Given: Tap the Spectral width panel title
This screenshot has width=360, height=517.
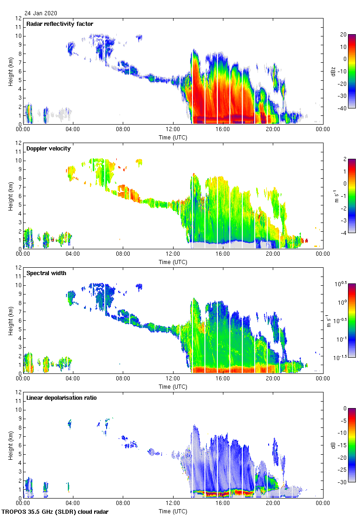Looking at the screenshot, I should [46, 273].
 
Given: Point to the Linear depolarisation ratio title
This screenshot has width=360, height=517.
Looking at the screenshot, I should [61, 398].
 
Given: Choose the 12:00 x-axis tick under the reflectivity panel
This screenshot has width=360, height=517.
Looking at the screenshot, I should [173, 130].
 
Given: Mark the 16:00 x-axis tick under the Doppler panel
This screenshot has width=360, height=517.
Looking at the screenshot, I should [223, 254].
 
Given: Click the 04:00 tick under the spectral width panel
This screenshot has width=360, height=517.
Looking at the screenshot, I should [73, 379].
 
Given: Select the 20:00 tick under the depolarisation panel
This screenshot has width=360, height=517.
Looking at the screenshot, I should [273, 504].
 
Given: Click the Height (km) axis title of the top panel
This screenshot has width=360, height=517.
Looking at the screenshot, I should [10, 71].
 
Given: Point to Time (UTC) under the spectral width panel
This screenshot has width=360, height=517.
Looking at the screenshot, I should [173, 386].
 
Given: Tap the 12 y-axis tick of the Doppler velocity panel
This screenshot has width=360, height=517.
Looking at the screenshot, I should [18, 143].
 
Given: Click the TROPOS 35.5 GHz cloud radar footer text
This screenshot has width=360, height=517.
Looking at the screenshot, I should [55, 512].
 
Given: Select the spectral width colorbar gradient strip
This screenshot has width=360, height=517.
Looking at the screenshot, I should [352, 321].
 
